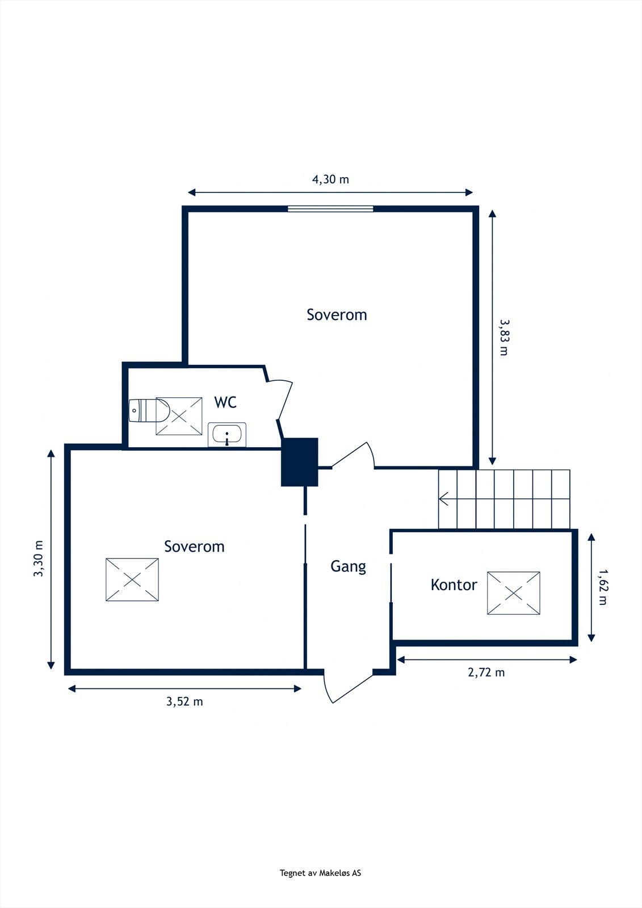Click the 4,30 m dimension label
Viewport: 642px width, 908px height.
coord(330,179)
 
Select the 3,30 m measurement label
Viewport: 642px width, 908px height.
coord(39,558)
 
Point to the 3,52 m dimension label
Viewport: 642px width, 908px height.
coord(184,701)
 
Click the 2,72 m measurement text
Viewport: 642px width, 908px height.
coord(486,672)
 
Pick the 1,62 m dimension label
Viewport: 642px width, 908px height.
coord(602,586)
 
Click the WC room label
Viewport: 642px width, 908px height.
coord(225,402)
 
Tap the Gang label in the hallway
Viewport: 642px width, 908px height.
coord(348,566)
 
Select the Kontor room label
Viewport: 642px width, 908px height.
coord(454,585)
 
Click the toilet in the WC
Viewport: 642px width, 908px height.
coord(148,410)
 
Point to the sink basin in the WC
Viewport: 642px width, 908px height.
coord(227,435)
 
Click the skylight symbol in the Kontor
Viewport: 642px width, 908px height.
coord(513,593)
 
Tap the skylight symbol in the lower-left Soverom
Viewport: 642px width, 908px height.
coord(132,579)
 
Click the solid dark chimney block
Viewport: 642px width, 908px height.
coord(300,462)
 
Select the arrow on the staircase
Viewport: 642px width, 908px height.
coord(445,499)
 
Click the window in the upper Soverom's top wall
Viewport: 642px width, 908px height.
coord(330,209)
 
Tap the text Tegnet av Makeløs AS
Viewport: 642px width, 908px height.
coord(320,873)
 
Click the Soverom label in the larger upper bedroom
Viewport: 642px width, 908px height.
coord(337,314)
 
